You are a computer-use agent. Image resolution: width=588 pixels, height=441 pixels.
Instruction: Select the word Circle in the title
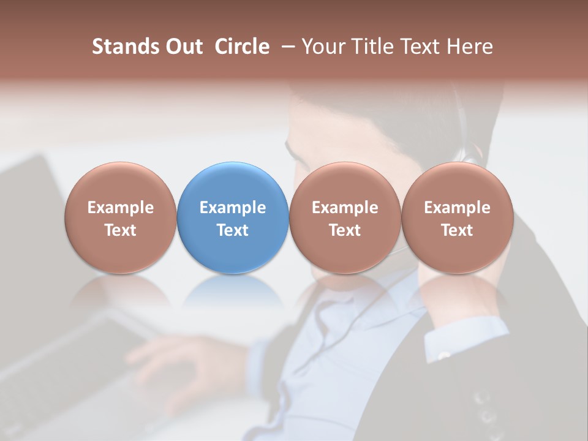[242, 47]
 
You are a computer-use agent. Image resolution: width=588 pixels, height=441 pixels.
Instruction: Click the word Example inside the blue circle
[233, 208]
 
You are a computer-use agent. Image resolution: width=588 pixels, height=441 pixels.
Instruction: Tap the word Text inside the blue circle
[233, 230]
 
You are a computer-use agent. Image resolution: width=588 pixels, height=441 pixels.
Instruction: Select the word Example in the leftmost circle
[120, 208]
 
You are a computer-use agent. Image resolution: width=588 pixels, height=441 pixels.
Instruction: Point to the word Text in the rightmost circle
[457, 230]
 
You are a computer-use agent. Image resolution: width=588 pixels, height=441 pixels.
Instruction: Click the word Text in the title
[423, 47]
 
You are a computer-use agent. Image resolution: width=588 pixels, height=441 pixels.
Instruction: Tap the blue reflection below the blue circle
[233, 292]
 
